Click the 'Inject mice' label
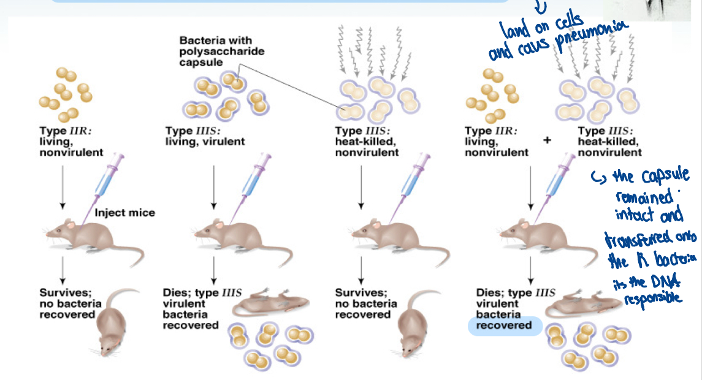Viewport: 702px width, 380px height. [x=124, y=213]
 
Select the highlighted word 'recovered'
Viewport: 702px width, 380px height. [x=504, y=325]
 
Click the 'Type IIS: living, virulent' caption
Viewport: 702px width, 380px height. [x=205, y=136]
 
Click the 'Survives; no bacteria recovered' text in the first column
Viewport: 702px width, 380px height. [x=67, y=303]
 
